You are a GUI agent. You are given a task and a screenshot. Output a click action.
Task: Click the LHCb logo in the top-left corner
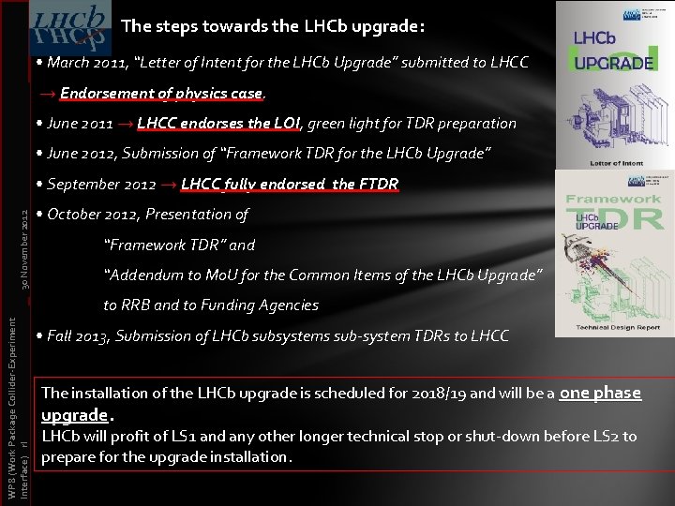pyautogui.click(x=66, y=27)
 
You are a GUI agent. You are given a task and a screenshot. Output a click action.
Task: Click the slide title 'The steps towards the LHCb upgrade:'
pyautogui.click(x=273, y=25)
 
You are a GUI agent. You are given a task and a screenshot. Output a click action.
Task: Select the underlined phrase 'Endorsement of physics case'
pyautogui.click(x=162, y=94)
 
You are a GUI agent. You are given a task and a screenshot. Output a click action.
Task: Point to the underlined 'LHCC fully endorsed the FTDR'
pyautogui.click(x=290, y=184)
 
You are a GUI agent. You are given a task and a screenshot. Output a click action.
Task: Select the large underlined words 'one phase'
pyautogui.click(x=600, y=394)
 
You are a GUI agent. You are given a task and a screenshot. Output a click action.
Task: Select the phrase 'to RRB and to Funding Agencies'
pyautogui.click(x=211, y=305)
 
